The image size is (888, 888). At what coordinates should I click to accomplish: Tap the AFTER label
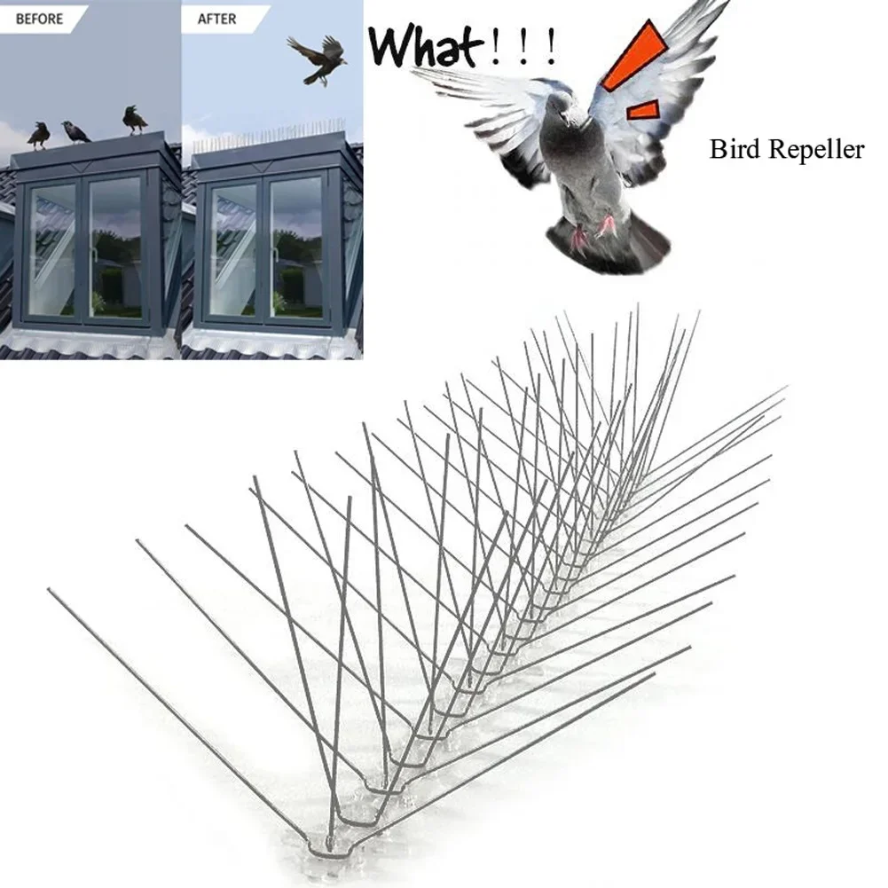click(x=216, y=18)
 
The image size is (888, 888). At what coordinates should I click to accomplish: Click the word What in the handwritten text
click(x=427, y=46)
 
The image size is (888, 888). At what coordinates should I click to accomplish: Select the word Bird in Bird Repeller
click(x=735, y=150)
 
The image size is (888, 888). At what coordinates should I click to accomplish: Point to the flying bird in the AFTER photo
click(x=317, y=59)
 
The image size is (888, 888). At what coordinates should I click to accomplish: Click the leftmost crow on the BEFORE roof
click(x=38, y=135)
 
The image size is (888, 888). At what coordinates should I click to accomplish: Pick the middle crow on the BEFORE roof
click(x=75, y=132)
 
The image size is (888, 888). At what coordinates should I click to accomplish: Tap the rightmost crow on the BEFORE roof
click(x=134, y=119)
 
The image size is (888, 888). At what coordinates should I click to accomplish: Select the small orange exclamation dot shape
click(x=644, y=110)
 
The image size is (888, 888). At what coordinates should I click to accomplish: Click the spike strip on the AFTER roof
click(x=266, y=138)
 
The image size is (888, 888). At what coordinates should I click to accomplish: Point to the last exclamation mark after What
click(x=552, y=49)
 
